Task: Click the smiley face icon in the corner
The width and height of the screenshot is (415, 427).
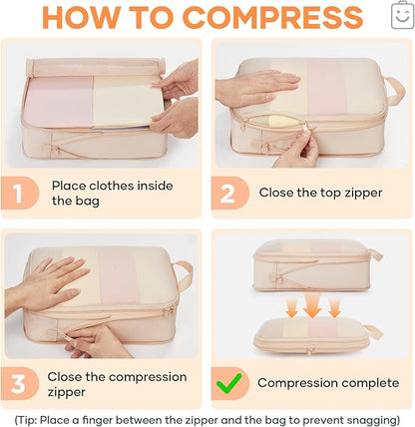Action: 400,13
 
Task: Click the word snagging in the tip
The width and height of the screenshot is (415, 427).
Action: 362,418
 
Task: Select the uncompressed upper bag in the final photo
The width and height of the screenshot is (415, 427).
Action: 309,263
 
